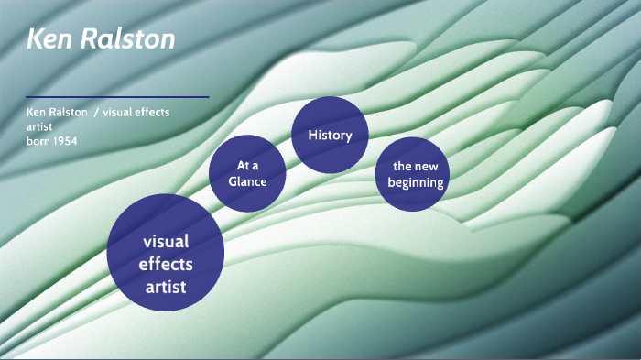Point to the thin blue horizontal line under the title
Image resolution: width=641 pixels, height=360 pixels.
(x=117, y=96)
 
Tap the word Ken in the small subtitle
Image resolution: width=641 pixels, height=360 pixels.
(x=37, y=112)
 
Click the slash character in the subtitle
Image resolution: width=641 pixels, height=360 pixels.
(x=96, y=112)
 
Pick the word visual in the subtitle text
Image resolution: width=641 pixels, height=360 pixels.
(x=118, y=112)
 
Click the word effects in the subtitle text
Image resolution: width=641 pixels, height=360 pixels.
(x=153, y=112)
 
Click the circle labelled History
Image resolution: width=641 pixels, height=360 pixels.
(x=330, y=136)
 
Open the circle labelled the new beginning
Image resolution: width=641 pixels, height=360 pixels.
(x=415, y=174)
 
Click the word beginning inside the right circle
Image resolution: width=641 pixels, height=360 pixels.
(x=416, y=182)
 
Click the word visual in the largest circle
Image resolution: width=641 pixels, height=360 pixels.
(x=166, y=243)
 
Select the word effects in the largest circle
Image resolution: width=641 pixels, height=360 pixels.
(x=166, y=265)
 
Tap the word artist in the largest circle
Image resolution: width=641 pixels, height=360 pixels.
(x=166, y=287)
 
